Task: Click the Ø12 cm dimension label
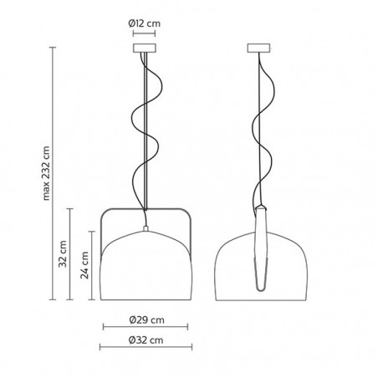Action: pos(145,23)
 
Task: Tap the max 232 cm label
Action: pos(46,173)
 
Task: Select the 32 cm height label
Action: pos(63,254)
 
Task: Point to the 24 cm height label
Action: pos(84,265)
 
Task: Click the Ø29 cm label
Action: pos(146,319)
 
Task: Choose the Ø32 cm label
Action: pos(146,340)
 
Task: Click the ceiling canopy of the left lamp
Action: pos(145,48)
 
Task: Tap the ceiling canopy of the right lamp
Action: pos(259,48)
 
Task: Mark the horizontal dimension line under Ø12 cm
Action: pos(144,33)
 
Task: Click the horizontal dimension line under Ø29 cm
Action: pos(146,327)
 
